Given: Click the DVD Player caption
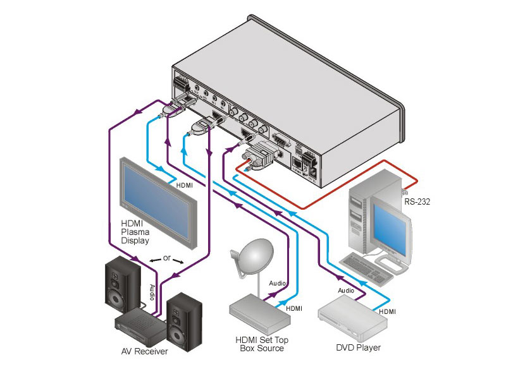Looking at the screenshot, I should (359, 347).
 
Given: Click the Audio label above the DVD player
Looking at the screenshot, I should (346, 291).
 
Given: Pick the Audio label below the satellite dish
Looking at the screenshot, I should (278, 284).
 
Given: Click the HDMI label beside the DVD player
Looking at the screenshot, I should (387, 312).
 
